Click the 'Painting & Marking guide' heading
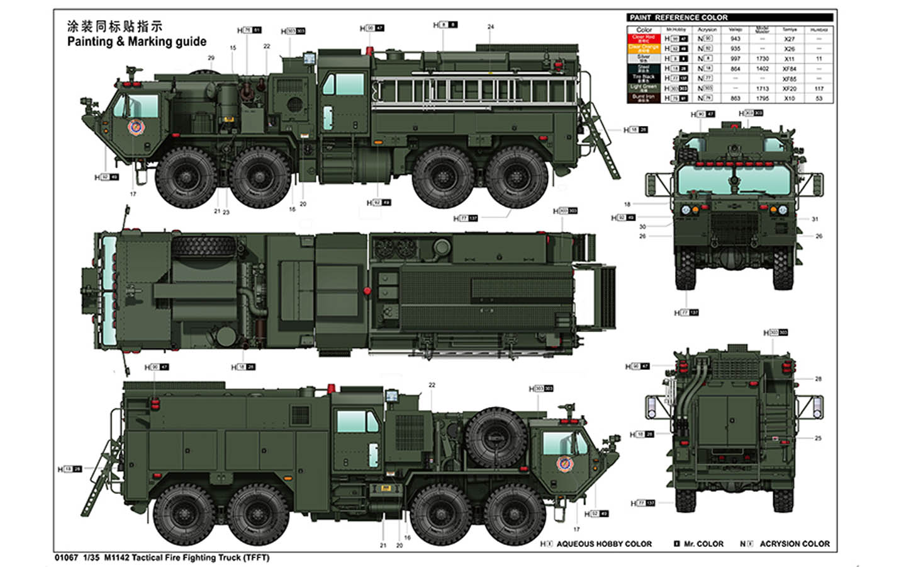point(137,42)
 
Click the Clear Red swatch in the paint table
point(643,38)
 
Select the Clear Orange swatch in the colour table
point(643,48)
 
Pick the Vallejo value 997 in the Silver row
point(735,59)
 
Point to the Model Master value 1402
point(763,69)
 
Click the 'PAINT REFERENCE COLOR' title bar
point(730,18)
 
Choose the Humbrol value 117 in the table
point(819,89)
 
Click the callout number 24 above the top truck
point(491,27)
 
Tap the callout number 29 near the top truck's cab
point(211,58)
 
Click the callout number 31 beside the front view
point(815,219)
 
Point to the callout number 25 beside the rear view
point(818,438)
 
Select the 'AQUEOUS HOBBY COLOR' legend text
point(604,544)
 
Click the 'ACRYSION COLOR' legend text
point(794,544)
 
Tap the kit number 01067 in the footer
point(66,558)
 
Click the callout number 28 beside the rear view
point(818,379)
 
